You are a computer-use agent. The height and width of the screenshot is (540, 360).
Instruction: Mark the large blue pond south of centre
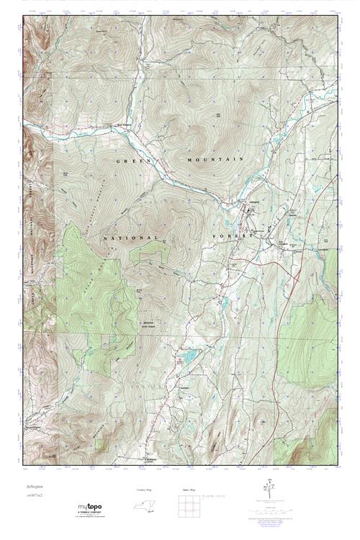pyautogui.click(x=189, y=356)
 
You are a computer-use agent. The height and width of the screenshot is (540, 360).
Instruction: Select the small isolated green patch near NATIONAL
pyautogui.click(x=152, y=251)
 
